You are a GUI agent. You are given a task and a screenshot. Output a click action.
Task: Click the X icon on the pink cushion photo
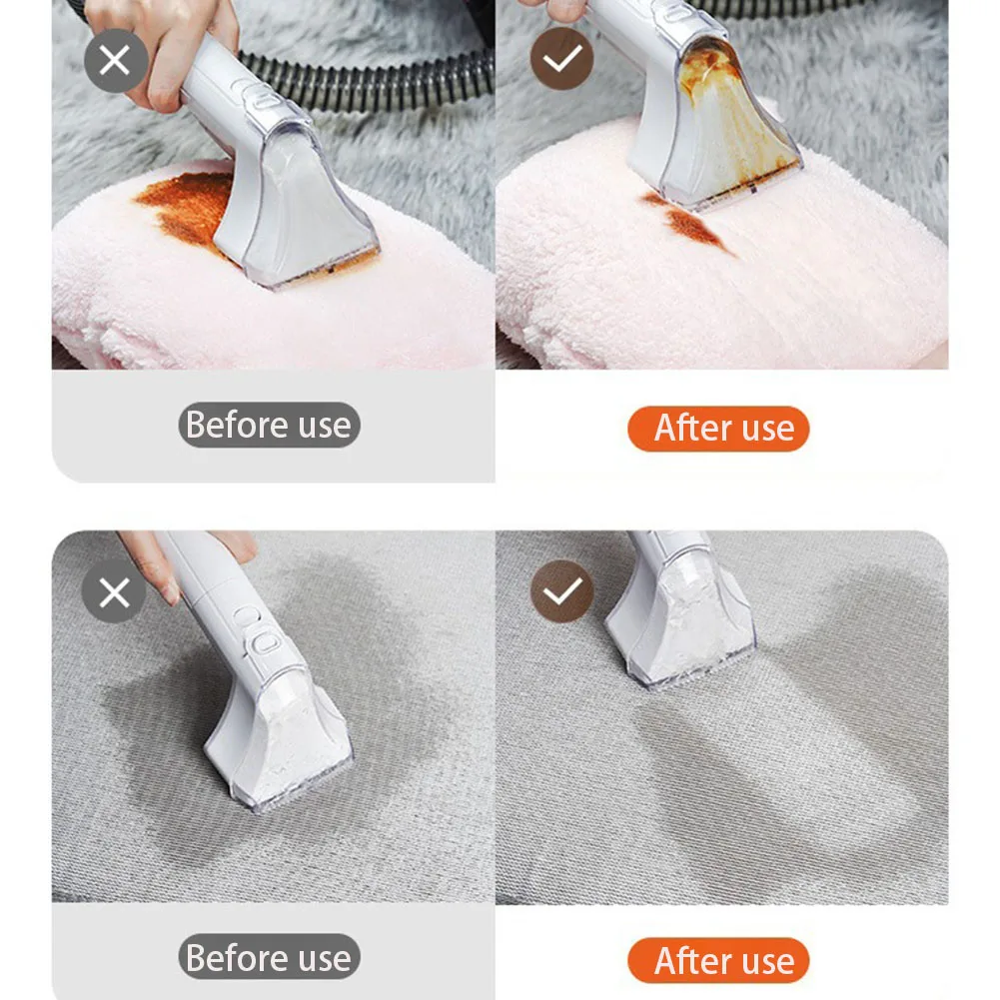116,61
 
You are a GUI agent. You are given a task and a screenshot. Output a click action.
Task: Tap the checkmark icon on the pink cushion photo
561,61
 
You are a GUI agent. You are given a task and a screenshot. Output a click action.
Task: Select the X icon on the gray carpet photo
114,592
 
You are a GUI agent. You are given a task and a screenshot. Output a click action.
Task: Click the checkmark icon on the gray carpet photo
561,592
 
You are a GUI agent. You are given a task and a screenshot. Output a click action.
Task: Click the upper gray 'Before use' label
269,426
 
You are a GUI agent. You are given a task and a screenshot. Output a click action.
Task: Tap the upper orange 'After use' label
718,429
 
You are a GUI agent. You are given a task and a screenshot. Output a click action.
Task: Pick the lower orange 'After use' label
718,961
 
